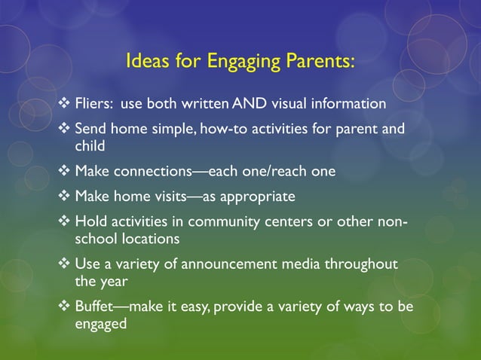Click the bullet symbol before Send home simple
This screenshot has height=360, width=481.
coord(64,129)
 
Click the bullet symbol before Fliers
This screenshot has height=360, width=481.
coord(64,102)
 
